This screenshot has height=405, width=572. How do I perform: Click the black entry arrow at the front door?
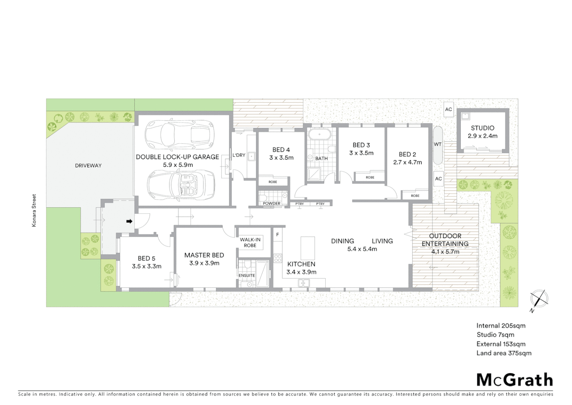pos(129,221)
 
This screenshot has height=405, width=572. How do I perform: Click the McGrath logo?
pos(514,380)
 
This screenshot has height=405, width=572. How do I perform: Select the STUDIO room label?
pos(482,128)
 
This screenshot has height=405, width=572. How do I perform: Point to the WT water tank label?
pos(437,144)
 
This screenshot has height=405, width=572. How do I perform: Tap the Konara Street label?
pos(34,210)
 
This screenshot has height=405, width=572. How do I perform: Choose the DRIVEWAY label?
pos(88,165)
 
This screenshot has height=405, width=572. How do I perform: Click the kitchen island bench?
pos(307,248)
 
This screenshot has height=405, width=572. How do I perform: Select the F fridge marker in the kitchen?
pos(277,235)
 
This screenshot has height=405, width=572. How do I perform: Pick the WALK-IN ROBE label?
pos(250,242)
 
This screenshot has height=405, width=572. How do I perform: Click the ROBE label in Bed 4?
pos(273,182)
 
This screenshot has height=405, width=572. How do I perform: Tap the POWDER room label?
pos(271,204)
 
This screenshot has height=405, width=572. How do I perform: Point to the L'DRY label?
pos(239,155)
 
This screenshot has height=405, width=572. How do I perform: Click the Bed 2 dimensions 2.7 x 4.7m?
pos(407,162)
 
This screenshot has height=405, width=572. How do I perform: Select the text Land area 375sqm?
pos(503,353)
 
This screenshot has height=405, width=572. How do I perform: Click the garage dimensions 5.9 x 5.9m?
pos(178,165)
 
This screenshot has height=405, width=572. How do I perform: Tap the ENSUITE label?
pos(246,276)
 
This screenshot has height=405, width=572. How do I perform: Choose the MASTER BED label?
pos(204,255)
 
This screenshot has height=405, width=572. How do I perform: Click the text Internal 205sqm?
pos(500,325)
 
